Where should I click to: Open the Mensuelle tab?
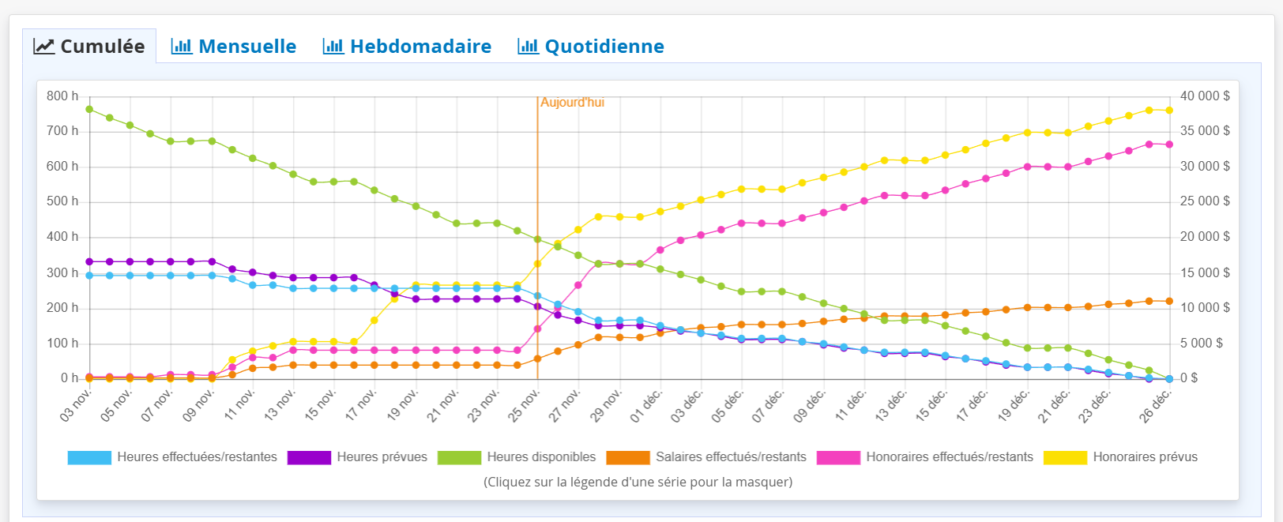coord(234,47)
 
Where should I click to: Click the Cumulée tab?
coord(89,47)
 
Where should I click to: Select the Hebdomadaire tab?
coord(407,47)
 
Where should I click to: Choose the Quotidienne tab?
coord(591,47)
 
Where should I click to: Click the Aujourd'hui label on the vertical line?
coord(572,103)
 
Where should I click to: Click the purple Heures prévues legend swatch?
coord(309,457)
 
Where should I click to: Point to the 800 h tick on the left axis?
coord(62,96)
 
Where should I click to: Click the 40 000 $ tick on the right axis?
coord(1204,96)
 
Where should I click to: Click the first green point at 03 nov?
coord(89,109)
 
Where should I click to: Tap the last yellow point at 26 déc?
coord(1169,111)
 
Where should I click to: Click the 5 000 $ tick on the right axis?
coord(1201,344)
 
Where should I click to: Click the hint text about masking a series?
coord(638,482)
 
